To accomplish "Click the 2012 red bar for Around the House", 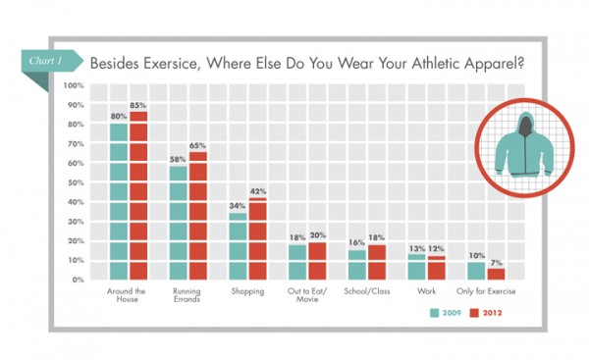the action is [x=138, y=195].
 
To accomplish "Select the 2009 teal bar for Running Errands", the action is [x=178, y=223].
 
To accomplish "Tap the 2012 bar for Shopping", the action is [x=257, y=238].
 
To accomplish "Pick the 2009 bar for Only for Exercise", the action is [x=476, y=271].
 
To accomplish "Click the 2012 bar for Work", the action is [x=437, y=268].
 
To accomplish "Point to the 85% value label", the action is [x=137, y=106].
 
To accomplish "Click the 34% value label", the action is [x=238, y=206].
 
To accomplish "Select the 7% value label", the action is [x=496, y=263].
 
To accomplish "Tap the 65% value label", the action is [x=197, y=145].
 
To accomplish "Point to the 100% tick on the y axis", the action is [x=74, y=85].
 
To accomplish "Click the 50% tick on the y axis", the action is [x=76, y=182].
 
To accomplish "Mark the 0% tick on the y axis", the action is [x=78, y=280].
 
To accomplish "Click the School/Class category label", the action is [x=367, y=291].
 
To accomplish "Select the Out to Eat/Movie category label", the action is [x=307, y=295].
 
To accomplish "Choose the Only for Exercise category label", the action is [x=486, y=291].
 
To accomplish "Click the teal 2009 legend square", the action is [x=434, y=313].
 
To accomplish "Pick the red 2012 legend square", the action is [x=474, y=313].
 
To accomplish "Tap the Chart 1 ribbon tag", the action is [x=51, y=61].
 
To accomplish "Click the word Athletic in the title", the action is [x=436, y=63].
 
